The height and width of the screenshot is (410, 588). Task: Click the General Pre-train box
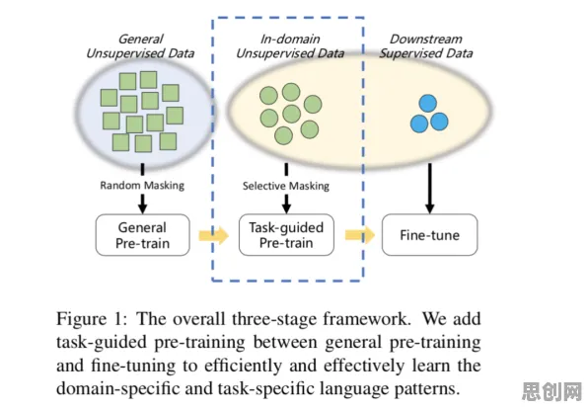click(142, 235)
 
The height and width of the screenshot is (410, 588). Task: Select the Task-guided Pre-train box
click(286, 235)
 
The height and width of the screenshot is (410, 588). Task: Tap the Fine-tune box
click(429, 235)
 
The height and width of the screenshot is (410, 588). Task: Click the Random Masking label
click(142, 185)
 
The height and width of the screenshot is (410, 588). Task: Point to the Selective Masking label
click(286, 186)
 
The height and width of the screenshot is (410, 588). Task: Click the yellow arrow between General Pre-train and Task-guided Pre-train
click(214, 235)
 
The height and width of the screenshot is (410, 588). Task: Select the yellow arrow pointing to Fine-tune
click(360, 235)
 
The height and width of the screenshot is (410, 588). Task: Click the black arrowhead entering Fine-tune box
click(430, 208)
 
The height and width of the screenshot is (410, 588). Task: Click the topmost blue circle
click(428, 104)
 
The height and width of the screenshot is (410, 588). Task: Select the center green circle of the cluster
click(291, 114)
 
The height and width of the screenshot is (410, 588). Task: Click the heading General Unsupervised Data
click(140, 46)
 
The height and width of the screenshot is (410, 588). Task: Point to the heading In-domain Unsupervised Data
click(290, 46)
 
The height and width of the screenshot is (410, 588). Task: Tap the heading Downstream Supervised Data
click(425, 46)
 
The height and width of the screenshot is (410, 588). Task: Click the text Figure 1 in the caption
click(92, 319)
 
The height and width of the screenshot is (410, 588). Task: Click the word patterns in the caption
click(427, 389)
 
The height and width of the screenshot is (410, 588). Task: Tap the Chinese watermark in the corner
click(551, 392)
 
